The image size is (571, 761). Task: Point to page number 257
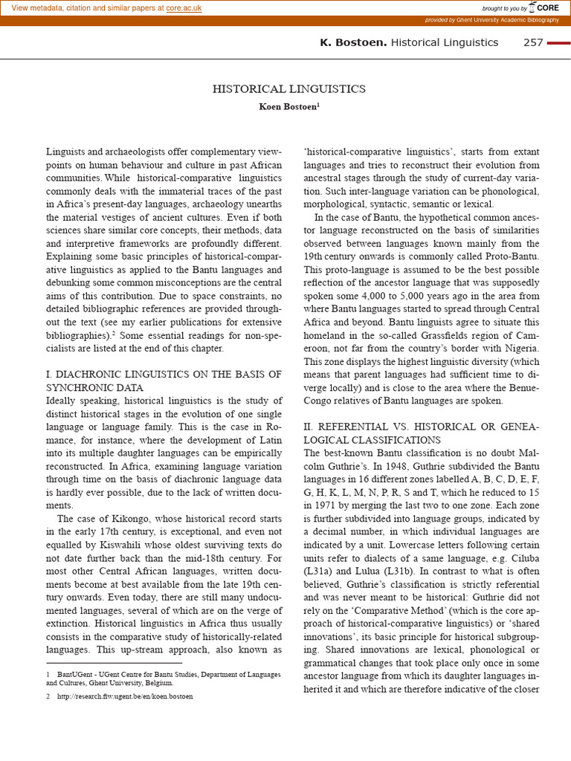tap(533, 42)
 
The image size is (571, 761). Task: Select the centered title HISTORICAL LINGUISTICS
tap(289, 89)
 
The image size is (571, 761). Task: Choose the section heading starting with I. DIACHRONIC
tap(164, 380)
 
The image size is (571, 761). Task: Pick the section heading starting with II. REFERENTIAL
tap(422, 433)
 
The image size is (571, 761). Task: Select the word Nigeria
tap(519, 348)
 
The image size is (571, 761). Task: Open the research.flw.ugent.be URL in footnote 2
tap(125, 696)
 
